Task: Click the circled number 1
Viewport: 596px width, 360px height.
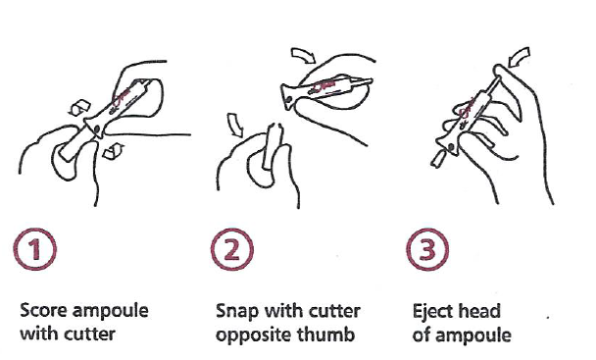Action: tap(35, 249)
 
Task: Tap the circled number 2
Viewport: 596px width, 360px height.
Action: tap(232, 249)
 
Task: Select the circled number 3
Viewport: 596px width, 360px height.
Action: tap(427, 249)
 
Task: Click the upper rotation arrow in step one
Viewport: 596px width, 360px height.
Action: tap(79, 107)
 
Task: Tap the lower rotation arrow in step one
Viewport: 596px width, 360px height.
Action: tap(114, 151)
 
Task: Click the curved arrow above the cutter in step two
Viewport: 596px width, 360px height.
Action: tap(303, 55)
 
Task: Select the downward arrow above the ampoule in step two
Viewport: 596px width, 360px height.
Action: tap(235, 124)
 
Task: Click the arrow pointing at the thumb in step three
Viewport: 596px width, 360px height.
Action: tap(520, 57)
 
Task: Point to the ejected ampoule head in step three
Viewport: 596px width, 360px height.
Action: tap(438, 158)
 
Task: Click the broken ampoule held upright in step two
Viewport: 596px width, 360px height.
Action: tap(273, 145)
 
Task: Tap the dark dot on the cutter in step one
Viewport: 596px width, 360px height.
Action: tap(96, 129)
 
